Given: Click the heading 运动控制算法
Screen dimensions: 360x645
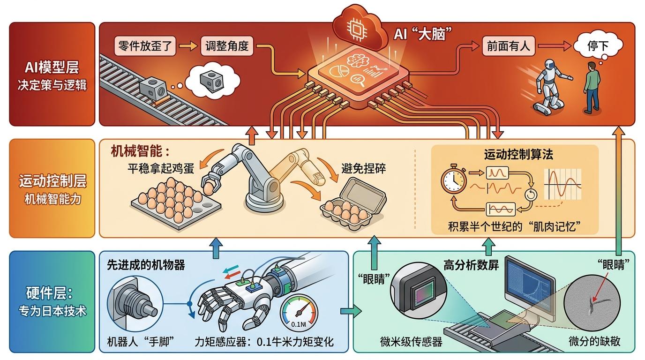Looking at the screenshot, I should pyautogui.click(x=514, y=154).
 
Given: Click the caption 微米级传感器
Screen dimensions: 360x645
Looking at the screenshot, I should pyautogui.click(x=411, y=342).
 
